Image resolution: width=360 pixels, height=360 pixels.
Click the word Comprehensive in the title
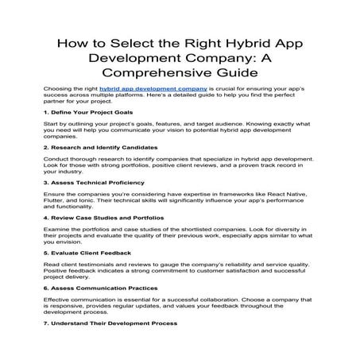pyautogui.click(x=137, y=74)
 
